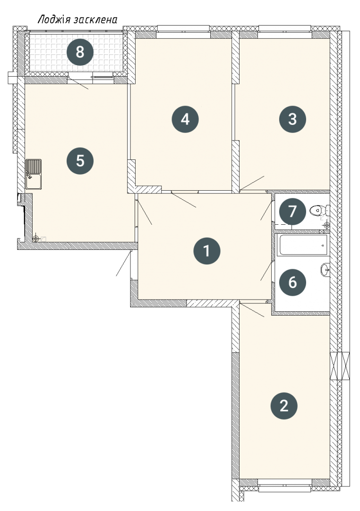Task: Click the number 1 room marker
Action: [x=206, y=251]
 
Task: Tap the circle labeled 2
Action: [x=284, y=406]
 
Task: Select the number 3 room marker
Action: [x=292, y=119]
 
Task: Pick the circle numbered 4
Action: [x=185, y=119]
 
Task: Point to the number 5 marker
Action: [x=80, y=161]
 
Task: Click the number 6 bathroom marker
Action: [x=292, y=282]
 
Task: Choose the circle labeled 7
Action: [x=292, y=211]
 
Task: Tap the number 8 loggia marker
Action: [x=80, y=52]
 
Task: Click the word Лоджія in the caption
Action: [x=54, y=19]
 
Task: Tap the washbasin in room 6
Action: [x=325, y=270]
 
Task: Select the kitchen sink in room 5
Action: [x=34, y=174]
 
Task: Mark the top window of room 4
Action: [x=183, y=29]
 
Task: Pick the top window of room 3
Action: [x=285, y=29]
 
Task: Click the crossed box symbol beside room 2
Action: [x=340, y=366]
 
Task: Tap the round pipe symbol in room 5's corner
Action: [x=36, y=239]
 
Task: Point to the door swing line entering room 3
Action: [x=252, y=183]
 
